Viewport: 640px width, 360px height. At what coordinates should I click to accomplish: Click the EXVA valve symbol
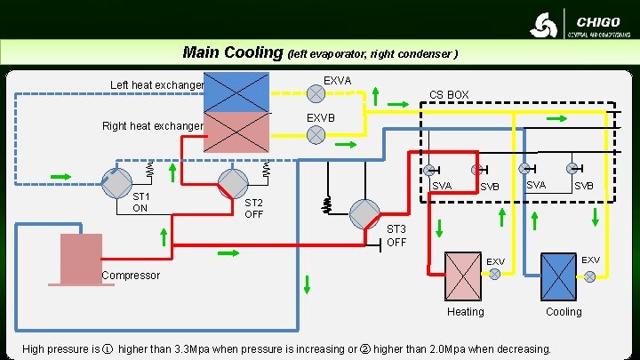pos(316,92)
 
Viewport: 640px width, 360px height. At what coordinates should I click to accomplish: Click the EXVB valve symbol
pos(316,134)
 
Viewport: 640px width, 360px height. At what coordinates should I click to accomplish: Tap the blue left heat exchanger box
pos(236,92)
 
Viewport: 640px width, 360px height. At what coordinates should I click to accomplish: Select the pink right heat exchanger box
pos(236,132)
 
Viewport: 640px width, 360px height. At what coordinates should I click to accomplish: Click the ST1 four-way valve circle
pos(116,182)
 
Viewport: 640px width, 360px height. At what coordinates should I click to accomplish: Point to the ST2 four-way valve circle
pos(234,182)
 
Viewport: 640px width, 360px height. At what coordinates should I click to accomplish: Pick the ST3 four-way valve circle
pos(365,213)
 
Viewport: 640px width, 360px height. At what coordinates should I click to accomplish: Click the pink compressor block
pos(81,258)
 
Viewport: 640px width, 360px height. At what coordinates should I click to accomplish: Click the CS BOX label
pos(449,94)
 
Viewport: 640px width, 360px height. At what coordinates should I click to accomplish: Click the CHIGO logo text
pos(598,21)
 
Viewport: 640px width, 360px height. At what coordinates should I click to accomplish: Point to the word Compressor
pos(130,276)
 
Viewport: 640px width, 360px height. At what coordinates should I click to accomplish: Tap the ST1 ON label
pos(140,202)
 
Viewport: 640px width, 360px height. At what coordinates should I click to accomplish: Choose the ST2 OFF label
pos(253,207)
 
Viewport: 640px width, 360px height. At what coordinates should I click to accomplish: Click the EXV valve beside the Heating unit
pos(494,275)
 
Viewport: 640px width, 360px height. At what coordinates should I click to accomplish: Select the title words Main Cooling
pos(232,52)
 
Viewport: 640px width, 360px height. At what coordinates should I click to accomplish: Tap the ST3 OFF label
pos(396,236)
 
